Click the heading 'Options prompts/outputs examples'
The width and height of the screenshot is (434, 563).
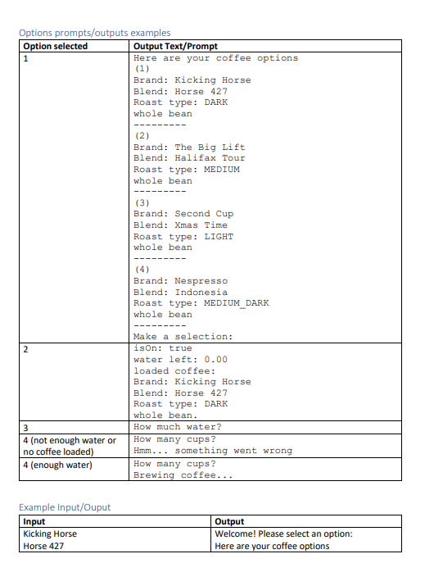pyautogui.click(x=94, y=33)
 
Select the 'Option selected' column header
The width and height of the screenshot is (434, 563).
pyautogui.click(x=56, y=46)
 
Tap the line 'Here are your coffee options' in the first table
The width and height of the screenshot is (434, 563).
pyautogui.click(x=215, y=58)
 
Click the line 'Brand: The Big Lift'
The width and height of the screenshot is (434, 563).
pyautogui.click(x=189, y=148)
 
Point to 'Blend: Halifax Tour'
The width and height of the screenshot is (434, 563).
pyautogui.click(x=189, y=158)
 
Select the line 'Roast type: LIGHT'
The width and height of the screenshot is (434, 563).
pyautogui.click(x=183, y=237)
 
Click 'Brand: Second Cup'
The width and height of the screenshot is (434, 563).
pyautogui.click(x=183, y=214)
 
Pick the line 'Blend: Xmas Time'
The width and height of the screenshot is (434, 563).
pyautogui.click(x=180, y=225)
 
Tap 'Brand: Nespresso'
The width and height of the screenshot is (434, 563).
pyautogui.click(x=180, y=281)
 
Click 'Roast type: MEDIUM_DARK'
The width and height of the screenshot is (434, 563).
pyautogui.click(x=201, y=303)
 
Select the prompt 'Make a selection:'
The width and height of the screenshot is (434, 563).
pyautogui.click(x=183, y=337)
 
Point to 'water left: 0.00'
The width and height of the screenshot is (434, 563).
pyautogui.click(x=180, y=360)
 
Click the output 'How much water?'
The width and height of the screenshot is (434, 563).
pyautogui.click(x=177, y=427)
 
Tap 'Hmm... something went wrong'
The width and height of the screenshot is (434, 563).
pyautogui.click(x=213, y=451)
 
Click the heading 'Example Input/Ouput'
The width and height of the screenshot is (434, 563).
pyautogui.click(x=65, y=507)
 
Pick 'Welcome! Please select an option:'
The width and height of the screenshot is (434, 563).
pyautogui.click(x=283, y=533)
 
